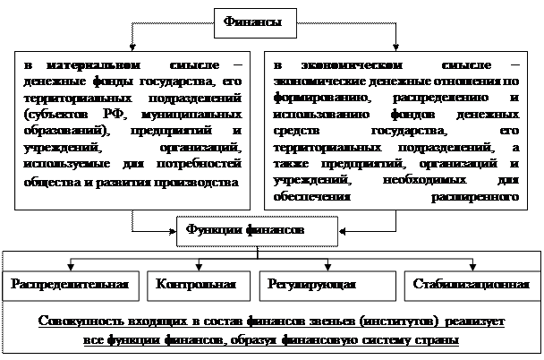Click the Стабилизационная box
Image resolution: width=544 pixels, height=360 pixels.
point(466,285)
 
